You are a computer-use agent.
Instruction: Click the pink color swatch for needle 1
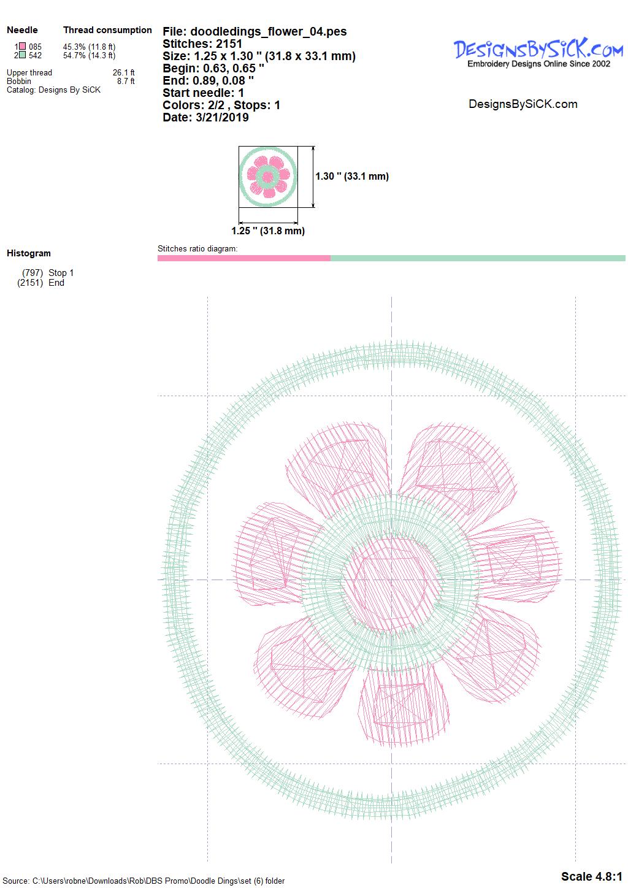[x=23, y=47]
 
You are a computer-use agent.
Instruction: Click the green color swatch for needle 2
[x=23, y=55]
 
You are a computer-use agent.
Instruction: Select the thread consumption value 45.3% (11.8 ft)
[x=89, y=47]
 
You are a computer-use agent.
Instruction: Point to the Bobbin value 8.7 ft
[x=126, y=82]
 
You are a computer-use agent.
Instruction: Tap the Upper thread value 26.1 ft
[x=124, y=72]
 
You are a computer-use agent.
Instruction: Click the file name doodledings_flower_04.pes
[x=269, y=31]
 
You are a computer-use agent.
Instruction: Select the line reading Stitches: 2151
[x=202, y=44]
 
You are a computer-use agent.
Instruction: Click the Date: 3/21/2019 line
[x=206, y=117]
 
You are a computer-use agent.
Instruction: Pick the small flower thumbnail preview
[x=268, y=177]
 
